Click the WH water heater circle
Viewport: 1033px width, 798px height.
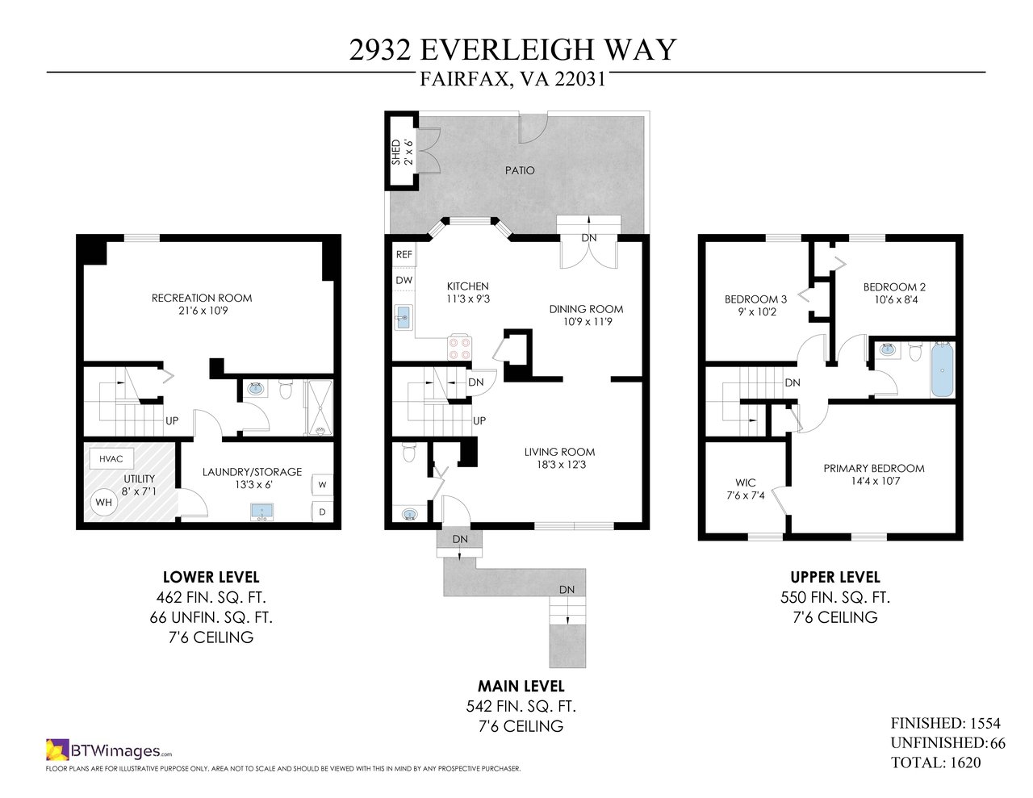pos(104,502)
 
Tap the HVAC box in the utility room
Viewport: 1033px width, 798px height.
pos(111,458)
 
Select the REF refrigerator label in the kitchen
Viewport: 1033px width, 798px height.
pos(404,254)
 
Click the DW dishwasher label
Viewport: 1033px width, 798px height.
pos(404,280)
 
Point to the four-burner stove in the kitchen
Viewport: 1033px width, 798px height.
pos(460,348)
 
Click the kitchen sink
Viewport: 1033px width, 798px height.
pos(404,318)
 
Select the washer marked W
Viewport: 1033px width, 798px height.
pos(322,485)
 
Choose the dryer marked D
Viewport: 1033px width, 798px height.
pos(322,512)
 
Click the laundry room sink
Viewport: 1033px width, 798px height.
pos(262,512)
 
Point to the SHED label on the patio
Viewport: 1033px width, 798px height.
pos(395,152)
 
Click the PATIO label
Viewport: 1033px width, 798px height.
pos(520,170)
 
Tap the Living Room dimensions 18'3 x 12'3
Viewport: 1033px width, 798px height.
pos(562,464)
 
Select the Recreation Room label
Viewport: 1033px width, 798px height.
pos(202,298)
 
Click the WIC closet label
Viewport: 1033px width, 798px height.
pos(745,483)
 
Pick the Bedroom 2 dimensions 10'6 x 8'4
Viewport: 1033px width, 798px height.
pos(896,300)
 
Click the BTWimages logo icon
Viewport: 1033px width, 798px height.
pos(57,750)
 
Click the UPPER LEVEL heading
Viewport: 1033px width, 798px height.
pos(835,577)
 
